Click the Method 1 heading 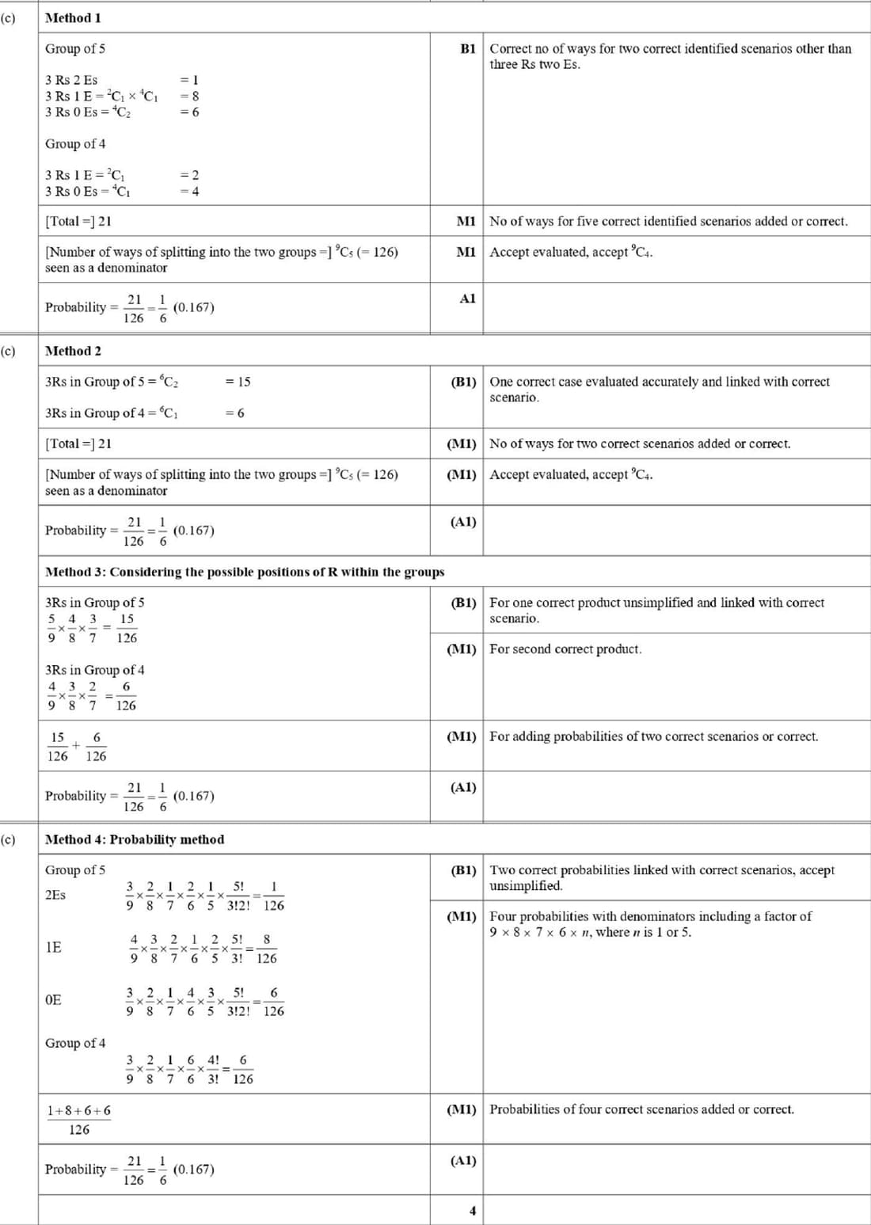[x=73, y=17]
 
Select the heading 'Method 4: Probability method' [x=135, y=839]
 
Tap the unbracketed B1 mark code [x=468, y=48]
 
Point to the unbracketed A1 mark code [x=468, y=299]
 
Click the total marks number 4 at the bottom [x=473, y=1211]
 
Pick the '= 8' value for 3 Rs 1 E [x=190, y=96]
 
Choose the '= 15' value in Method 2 [x=238, y=382]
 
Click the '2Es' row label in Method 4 [x=55, y=895]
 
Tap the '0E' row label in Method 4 [x=53, y=1000]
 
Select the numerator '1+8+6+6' [x=79, y=1111]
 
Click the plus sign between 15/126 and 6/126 [x=76, y=746]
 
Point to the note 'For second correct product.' [x=565, y=649]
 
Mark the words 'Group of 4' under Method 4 [x=75, y=1043]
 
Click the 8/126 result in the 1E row [x=267, y=949]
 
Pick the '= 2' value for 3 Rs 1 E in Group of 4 [x=190, y=175]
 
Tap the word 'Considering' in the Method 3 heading [x=145, y=572]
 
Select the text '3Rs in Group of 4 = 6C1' [x=112, y=413]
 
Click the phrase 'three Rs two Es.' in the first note [x=534, y=64]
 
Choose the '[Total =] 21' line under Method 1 [x=78, y=222]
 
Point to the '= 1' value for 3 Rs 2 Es [x=190, y=80]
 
